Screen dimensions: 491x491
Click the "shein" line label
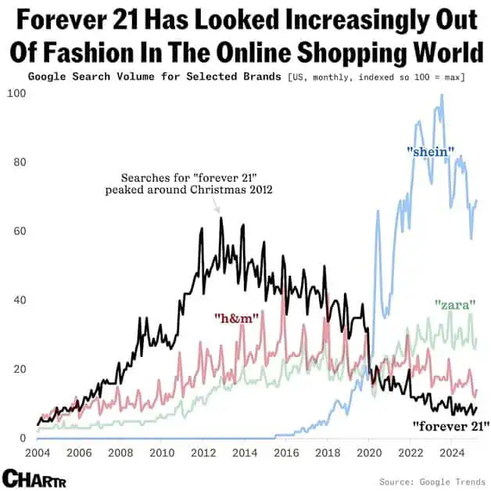coord(431,150)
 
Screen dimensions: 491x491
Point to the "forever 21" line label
coord(450,426)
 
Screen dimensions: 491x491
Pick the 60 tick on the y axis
coord(17,232)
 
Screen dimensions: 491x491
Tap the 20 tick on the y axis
coord(17,370)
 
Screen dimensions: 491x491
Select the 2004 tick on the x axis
coord(38,453)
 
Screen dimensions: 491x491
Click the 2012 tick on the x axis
coord(202,453)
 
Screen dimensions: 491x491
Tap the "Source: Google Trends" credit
coord(432,481)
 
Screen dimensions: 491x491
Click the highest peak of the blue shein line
coord(442,96)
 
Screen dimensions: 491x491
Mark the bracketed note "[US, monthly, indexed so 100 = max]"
coord(376,77)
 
